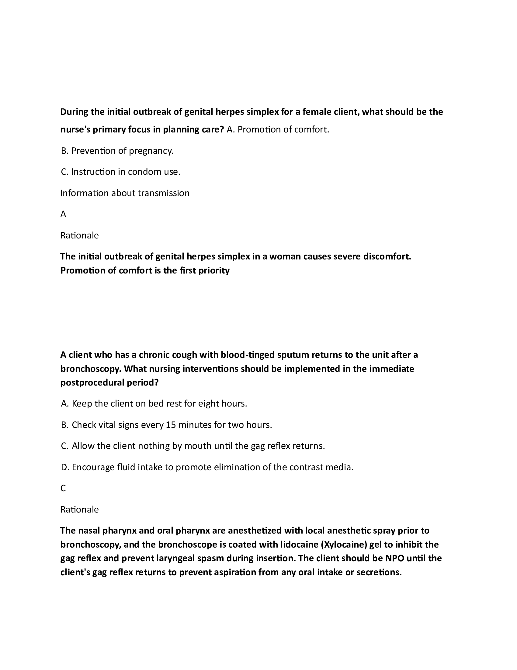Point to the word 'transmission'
(164, 193)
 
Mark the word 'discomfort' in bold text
(387, 256)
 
